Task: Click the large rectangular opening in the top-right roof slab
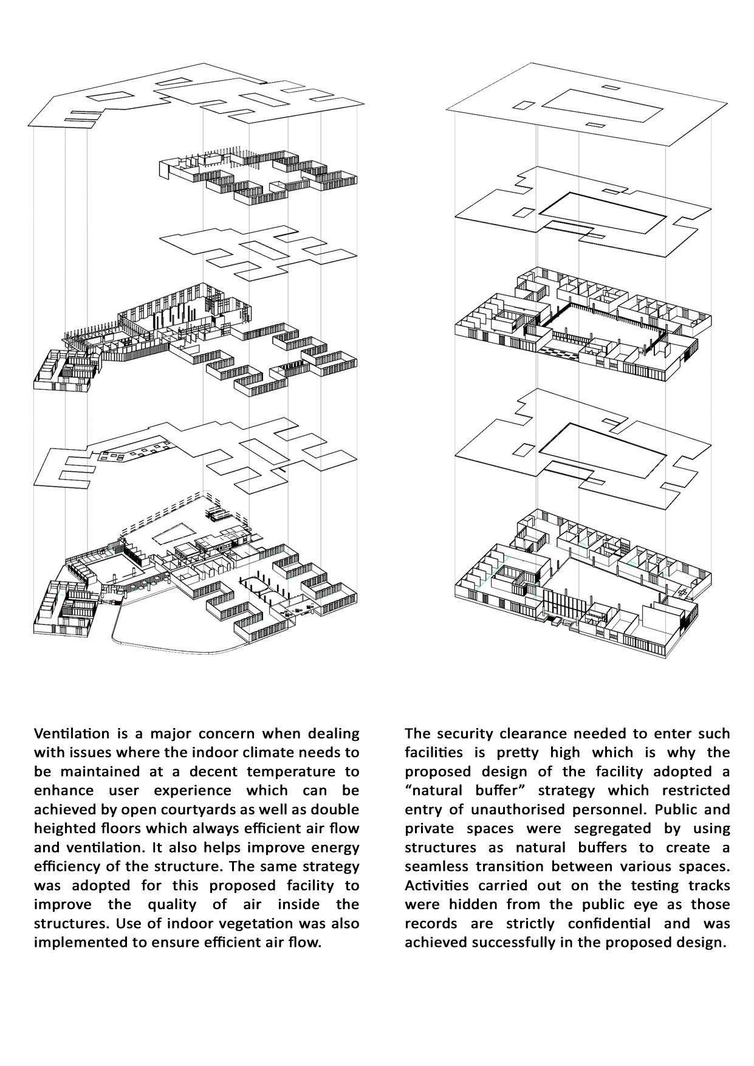(x=601, y=107)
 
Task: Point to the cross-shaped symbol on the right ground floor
(x=683, y=593)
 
